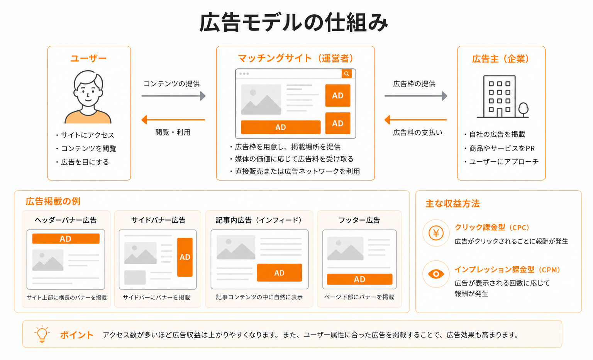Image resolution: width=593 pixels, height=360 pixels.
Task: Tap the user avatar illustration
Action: [88, 97]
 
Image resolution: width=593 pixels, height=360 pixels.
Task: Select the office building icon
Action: [502, 96]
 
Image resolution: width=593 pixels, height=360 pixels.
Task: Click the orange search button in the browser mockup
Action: [347, 74]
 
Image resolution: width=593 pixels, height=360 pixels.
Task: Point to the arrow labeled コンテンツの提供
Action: [173, 96]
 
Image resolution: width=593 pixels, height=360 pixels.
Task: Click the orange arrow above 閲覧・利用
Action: [173, 120]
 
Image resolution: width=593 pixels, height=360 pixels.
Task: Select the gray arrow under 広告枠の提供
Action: [416, 96]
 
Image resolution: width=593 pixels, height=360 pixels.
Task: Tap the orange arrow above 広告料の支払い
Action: [416, 120]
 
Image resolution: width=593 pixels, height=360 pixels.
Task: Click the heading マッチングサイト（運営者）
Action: [295, 59]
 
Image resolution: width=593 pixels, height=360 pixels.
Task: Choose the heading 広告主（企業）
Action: [501, 59]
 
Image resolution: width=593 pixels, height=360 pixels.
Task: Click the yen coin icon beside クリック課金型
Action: [436, 233]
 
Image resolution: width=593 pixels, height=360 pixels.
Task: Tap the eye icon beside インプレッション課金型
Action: [436, 274]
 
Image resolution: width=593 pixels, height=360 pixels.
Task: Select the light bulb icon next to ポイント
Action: [42, 334]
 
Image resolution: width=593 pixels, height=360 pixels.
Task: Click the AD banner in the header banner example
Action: [66, 238]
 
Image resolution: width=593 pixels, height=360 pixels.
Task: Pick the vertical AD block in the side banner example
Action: [185, 257]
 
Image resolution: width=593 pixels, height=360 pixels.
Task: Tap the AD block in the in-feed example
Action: [279, 273]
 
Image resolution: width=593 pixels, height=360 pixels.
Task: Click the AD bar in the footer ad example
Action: [359, 279]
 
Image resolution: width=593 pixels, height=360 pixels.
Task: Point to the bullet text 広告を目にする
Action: [85, 162]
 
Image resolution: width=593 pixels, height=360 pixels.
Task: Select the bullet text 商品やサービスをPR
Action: [502, 149]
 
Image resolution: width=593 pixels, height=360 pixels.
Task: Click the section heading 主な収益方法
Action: [452, 204]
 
